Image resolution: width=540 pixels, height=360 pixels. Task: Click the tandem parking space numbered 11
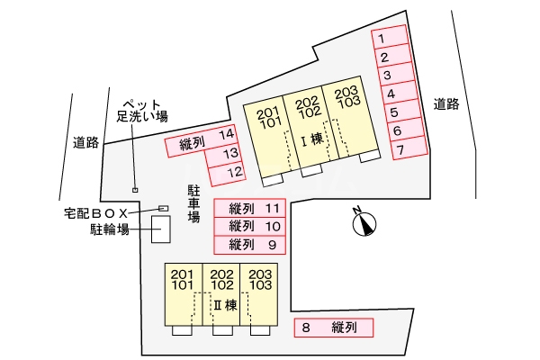(x=249, y=209)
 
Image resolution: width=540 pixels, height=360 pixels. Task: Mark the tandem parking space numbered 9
(x=249, y=244)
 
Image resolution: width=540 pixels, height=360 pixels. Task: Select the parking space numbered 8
(x=334, y=328)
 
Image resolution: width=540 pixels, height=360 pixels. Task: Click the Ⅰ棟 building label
(x=310, y=139)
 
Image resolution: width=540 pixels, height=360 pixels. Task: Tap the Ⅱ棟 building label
(x=224, y=304)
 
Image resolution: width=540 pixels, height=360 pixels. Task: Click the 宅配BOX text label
(x=95, y=212)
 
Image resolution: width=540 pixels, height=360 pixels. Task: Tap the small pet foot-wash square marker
(x=135, y=190)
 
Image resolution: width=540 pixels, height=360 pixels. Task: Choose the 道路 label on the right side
(x=446, y=103)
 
